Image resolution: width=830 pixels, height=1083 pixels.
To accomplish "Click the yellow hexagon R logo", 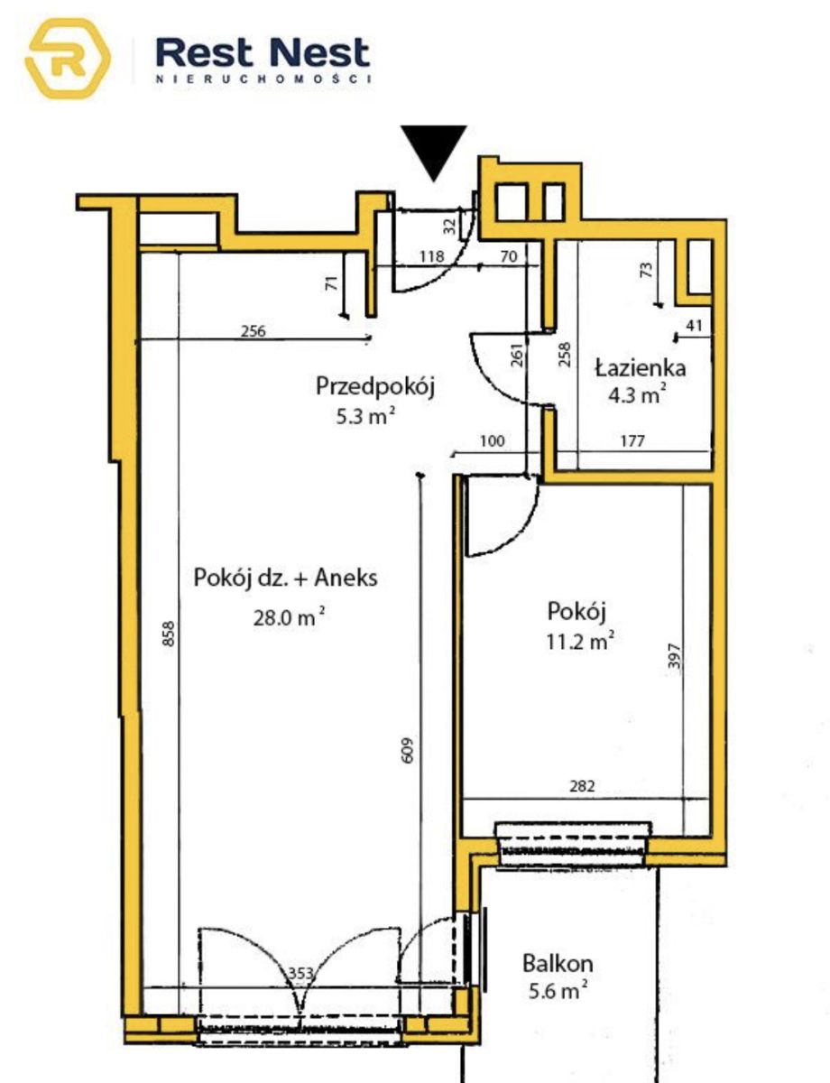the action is pyautogui.click(x=68, y=59).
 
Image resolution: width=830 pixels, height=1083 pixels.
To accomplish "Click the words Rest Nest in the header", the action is pyautogui.click(x=263, y=53).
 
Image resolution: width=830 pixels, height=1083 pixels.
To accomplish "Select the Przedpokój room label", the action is pyautogui.click(x=375, y=386).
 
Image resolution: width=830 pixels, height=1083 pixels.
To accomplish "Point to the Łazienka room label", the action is pyautogui.click(x=641, y=368).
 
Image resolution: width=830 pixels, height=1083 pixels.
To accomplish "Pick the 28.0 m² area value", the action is pyautogui.click(x=290, y=617).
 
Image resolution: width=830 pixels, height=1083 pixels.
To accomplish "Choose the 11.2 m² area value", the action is pyautogui.click(x=580, y=641).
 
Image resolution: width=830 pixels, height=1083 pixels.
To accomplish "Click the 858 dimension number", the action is pyautogui.click(x=170, y=634).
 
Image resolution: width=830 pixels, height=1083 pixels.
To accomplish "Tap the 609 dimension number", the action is pyautogui.click(x=407, y=750).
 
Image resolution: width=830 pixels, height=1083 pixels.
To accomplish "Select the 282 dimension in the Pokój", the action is pyautogui.click(x=582, y=786).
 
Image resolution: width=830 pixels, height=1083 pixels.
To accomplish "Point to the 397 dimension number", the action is pyautogui.click(x=674, y=656).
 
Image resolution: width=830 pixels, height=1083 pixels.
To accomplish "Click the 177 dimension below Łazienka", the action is pyautogui.click(x=632, y=441).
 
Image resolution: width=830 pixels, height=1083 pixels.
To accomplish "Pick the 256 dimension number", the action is pyautogui.click(x=254, y=331).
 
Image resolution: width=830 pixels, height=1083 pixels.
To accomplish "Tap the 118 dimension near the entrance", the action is pyautogui.click(x=431, y=256).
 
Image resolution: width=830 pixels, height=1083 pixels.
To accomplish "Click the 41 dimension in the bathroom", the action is pyautogui.click(x=694, y=326).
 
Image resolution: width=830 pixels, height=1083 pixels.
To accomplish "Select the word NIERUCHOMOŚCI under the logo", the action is pyautogui.click(x=263, y=79).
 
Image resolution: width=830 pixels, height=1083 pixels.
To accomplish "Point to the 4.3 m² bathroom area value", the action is pyautogui.click(x=637, y=395).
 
